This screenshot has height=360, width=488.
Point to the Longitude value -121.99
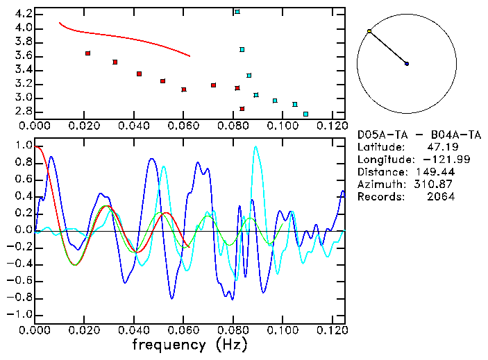click(434, 160)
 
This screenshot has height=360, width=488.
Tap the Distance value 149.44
click(434, 172)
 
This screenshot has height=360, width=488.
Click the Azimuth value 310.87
click(434, 185)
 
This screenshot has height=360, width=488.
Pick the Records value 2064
click(441, 197)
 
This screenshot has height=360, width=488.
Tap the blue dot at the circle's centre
click(407, 64)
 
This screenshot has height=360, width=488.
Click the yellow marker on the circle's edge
click(369, 31)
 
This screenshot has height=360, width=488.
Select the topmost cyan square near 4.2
click(237, 12)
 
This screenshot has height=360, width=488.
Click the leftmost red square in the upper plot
click(87, 53)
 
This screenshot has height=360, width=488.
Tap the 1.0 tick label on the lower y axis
click(24, 146)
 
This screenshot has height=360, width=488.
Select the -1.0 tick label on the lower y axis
click(22, 314)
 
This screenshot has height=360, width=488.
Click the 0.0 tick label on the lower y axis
click(24, 230)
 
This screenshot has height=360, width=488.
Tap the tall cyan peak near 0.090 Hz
click(258, 147)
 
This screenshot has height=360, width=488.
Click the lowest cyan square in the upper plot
click(305, 114)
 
